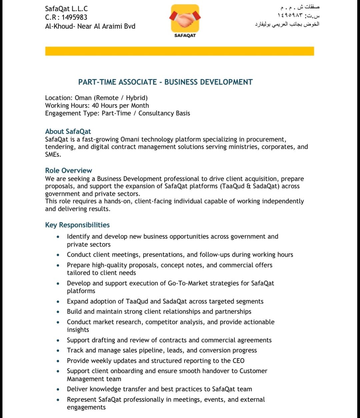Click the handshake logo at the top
185,18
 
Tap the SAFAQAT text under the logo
185,35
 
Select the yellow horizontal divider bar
179,51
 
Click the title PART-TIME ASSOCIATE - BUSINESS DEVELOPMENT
165,82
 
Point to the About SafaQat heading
68,131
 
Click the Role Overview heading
69,170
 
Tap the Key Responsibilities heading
77,225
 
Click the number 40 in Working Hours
96,105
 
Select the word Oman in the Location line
83,98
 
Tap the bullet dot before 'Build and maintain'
58,312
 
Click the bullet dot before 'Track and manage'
58,351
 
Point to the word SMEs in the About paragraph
53,154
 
